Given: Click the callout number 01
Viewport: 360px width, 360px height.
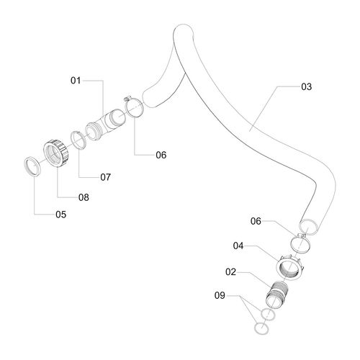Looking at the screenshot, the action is coord(76,81).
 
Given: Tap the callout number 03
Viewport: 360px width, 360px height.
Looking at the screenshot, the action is coord(307,86).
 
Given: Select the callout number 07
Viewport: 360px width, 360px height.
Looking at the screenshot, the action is coord(106,177).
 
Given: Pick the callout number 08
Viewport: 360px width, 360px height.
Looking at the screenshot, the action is coord(84,197).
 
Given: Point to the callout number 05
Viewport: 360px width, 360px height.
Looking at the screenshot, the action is coord(61,215).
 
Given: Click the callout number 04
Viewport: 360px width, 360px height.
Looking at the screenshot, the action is coord(238,246).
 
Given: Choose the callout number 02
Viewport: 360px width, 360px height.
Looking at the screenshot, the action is coord(230,272).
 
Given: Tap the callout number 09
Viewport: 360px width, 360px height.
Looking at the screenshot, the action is coord(220,295).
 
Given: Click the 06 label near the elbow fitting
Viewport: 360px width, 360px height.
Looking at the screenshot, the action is coord(161,155).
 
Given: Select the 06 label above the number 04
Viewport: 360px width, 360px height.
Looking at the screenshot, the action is coord(256,221).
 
